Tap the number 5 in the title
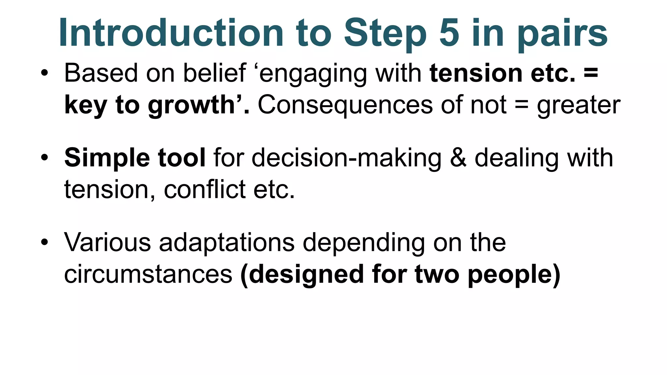pyautogui.click(x=449, y=33)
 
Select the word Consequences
pyautogui.click(x=345, y=105)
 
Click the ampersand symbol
pyautogui.click(x=458, y=158)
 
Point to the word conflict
pyautogui.click(x=205, y=189)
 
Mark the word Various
pyautogui.click(x=107, y=243)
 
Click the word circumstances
pyautogui.click(x=148, y=274)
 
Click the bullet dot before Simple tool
pyautogui.click(x=45, y=158)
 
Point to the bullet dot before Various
pyautogui.click(x=45, y=243)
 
